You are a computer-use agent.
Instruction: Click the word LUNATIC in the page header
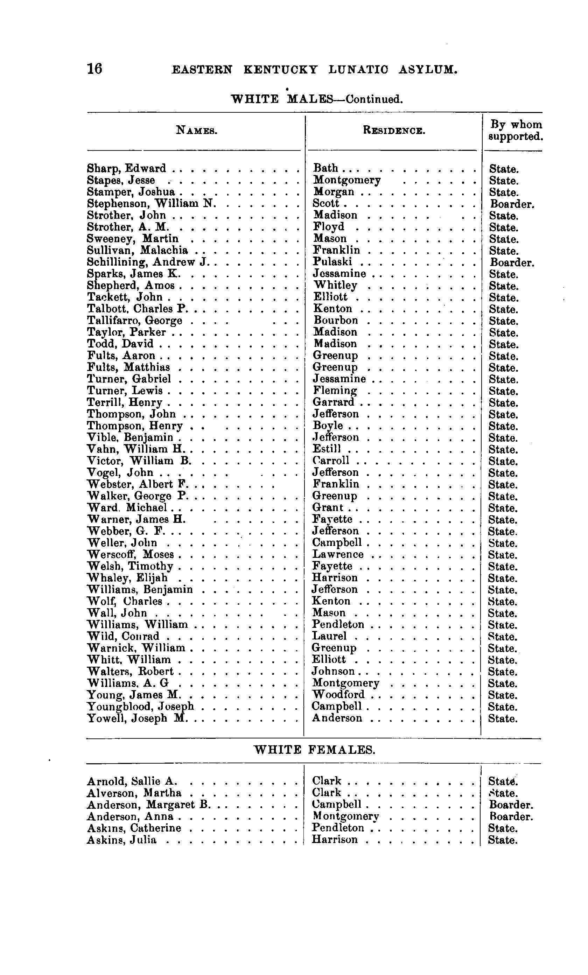358,70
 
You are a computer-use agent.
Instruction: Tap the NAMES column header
196,130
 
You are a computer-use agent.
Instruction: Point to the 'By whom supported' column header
516,131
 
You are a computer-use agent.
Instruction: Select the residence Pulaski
332,262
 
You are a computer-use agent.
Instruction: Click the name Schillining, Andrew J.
148,262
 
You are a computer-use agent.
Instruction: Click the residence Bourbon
336,320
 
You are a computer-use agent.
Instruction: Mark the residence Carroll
331,461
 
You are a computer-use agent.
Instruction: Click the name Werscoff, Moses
131,554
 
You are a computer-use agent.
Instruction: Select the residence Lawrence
338,554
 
